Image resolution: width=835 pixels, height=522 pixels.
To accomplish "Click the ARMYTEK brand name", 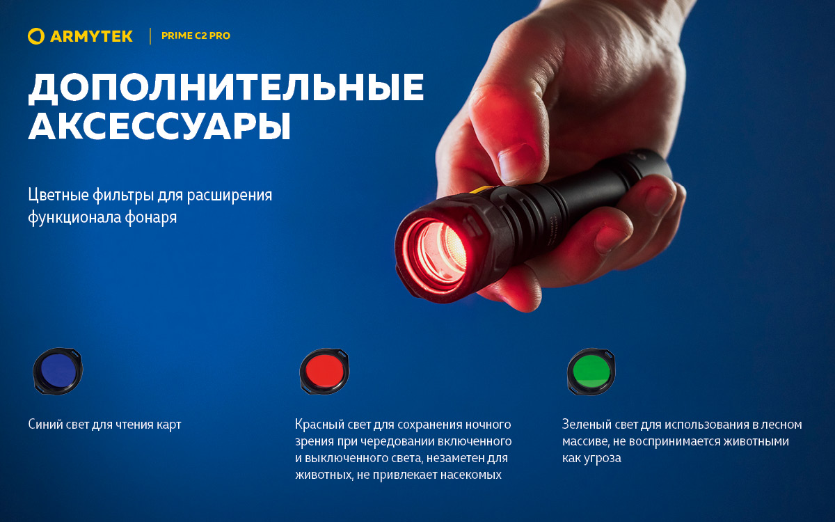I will click(91, 36).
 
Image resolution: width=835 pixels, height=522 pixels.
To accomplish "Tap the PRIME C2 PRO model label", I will click(196, 36).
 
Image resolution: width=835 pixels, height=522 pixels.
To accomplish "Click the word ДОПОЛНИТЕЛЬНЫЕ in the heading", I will click(226, 88).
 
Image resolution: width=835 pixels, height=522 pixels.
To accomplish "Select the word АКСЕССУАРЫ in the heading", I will click(159, 126).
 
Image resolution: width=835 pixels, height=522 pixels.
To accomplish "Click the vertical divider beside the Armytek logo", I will click(150, 36).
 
